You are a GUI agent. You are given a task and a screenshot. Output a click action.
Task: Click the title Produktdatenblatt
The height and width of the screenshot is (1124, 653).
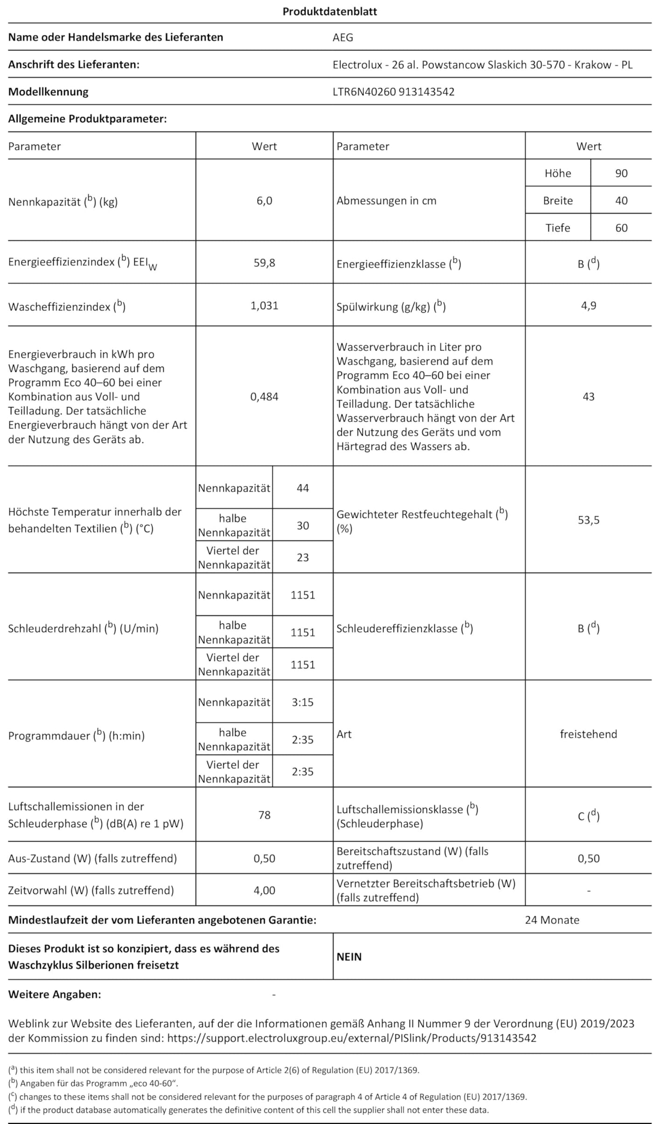[x=329, y=12]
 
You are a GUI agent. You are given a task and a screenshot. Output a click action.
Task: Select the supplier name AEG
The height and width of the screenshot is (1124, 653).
[x=342, y=37]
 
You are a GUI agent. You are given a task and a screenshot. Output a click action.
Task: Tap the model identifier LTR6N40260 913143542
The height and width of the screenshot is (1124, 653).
[x=393, y=91]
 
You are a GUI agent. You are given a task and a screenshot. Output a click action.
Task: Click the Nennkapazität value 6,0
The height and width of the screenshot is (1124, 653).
[x=264, y=201]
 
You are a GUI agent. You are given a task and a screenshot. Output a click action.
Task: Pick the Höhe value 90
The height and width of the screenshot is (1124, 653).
[x=621, y=173]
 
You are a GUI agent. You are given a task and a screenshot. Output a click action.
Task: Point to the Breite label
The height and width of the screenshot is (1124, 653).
[x=557, y=201]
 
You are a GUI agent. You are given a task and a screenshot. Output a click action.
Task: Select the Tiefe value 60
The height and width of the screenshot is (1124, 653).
[x=621, y=228]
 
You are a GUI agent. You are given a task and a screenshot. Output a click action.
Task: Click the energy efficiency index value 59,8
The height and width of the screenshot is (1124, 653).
[x=264, y=263]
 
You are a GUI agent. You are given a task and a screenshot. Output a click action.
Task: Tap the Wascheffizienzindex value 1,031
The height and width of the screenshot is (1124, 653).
[x=264, y=306]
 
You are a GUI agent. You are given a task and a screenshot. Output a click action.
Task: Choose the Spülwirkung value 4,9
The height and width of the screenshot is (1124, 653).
[x=588, y=306]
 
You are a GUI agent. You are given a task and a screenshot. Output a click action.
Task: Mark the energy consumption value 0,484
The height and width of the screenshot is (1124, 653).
[x=264, y=397]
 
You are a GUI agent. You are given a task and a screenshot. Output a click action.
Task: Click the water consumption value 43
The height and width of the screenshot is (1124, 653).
[x=588, y=397]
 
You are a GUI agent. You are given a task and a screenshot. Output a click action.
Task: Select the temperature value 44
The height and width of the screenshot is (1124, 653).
[x=303, y=488]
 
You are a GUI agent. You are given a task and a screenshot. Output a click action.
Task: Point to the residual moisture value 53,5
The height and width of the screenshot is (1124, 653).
[x=588, y=520]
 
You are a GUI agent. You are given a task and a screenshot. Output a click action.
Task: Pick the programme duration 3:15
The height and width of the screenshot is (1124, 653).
[x=303, y=702]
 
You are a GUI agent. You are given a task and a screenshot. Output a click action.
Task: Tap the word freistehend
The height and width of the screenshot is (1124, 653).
[x=588, y=734]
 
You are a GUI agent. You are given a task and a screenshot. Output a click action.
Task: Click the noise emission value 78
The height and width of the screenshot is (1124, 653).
[x=264, y=815]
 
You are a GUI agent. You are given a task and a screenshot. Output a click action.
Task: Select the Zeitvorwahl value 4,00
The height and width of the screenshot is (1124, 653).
[x=264, y=890]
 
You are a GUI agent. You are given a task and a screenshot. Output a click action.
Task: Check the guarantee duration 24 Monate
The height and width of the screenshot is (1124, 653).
[x=552, y=920]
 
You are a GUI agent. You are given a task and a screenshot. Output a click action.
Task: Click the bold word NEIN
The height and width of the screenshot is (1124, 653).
[x=349, y=956]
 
